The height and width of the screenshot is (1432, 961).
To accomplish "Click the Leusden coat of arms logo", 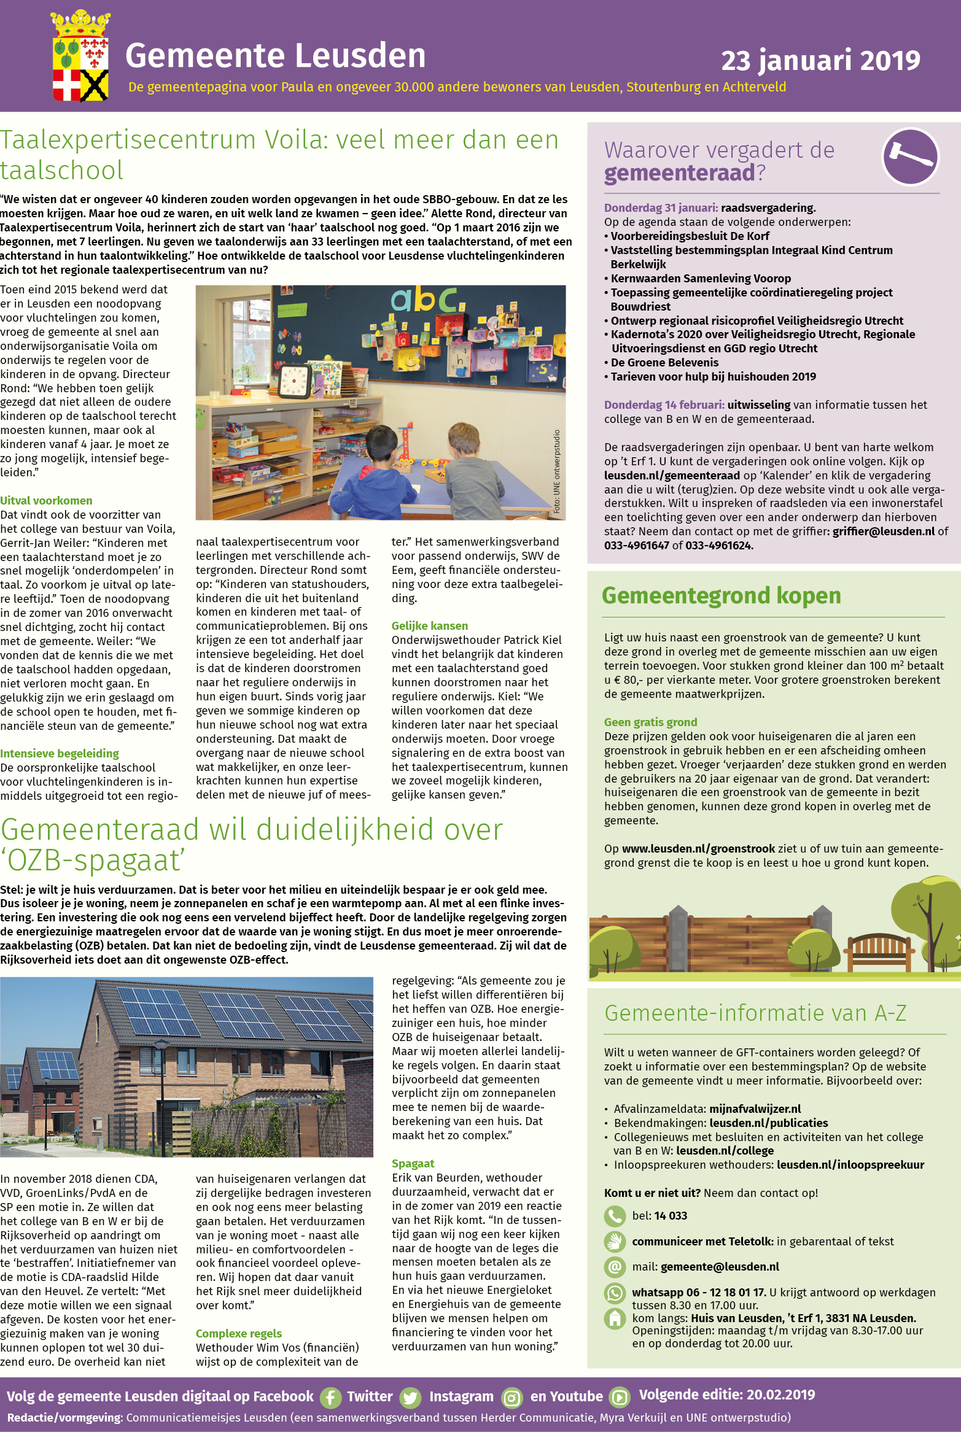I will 80,56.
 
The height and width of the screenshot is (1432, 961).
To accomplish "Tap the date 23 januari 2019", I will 820,61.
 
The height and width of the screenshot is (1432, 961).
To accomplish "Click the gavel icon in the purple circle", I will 910,157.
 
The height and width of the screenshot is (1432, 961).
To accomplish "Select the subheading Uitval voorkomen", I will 46,501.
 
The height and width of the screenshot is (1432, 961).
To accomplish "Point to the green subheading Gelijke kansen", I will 430,626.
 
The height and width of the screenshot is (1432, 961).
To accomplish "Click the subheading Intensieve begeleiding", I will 60,754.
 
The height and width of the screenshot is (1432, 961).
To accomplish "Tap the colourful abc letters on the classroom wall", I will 424,299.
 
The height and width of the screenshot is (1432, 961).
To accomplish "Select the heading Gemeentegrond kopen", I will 721,596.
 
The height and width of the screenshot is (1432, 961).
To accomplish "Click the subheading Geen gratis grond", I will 650,722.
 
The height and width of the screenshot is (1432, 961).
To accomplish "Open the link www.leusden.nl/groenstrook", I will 698,849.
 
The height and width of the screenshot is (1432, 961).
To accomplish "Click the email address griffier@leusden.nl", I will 883,532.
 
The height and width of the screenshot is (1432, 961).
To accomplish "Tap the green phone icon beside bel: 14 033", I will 614,1216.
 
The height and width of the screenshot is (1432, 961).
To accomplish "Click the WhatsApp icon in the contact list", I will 614,1293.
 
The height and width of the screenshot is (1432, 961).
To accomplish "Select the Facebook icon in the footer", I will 330,1398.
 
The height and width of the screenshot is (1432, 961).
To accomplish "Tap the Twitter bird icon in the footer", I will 410,1398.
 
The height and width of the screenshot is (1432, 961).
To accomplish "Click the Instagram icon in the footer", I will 512,1398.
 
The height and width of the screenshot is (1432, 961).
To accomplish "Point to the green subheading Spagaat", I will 413,1164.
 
